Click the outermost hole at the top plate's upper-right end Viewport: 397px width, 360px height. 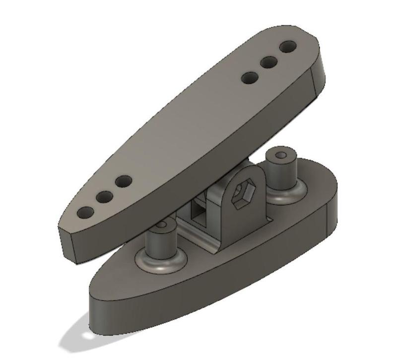click(287, 48)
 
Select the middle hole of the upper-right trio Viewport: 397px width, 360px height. click(269, 63)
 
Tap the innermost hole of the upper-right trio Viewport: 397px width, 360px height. click(250, 78)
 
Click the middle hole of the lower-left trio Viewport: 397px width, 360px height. click(104, 197)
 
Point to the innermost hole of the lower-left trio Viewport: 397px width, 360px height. click(123, 181)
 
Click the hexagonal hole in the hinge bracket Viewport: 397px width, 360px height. click(244, 192)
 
